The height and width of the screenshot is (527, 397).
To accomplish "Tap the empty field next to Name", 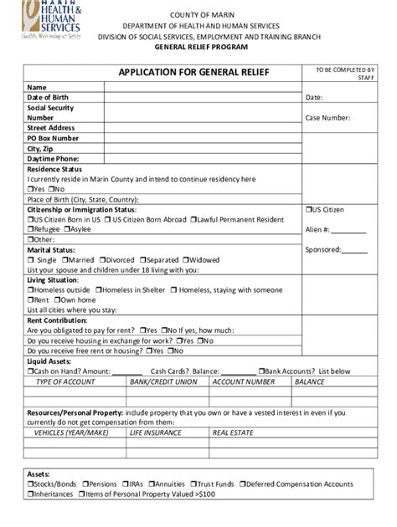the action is click(x=203, y=87).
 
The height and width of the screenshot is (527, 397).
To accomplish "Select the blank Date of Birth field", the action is click(x=203, y=97).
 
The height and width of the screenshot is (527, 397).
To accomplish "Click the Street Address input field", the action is click(x=203, y=128).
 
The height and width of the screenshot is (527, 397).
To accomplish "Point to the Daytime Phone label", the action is click(x=53, y=158).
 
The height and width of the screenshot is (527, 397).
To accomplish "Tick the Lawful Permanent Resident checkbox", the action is click(x=194, y=219).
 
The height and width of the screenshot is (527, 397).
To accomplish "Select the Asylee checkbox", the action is click(x=68, y=228).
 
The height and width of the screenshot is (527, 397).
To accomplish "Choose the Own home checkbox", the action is click(x=57, y=299).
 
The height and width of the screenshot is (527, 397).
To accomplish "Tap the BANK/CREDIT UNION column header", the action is click(x=164, y=381).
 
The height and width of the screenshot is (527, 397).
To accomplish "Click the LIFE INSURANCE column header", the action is click(x=155, y=432).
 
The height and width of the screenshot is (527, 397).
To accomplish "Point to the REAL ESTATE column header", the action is click(x=233, y=432).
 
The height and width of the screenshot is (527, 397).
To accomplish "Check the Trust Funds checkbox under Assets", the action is click(x=193, y=484).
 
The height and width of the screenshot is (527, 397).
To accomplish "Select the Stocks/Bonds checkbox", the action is click(x=31, y=484).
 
